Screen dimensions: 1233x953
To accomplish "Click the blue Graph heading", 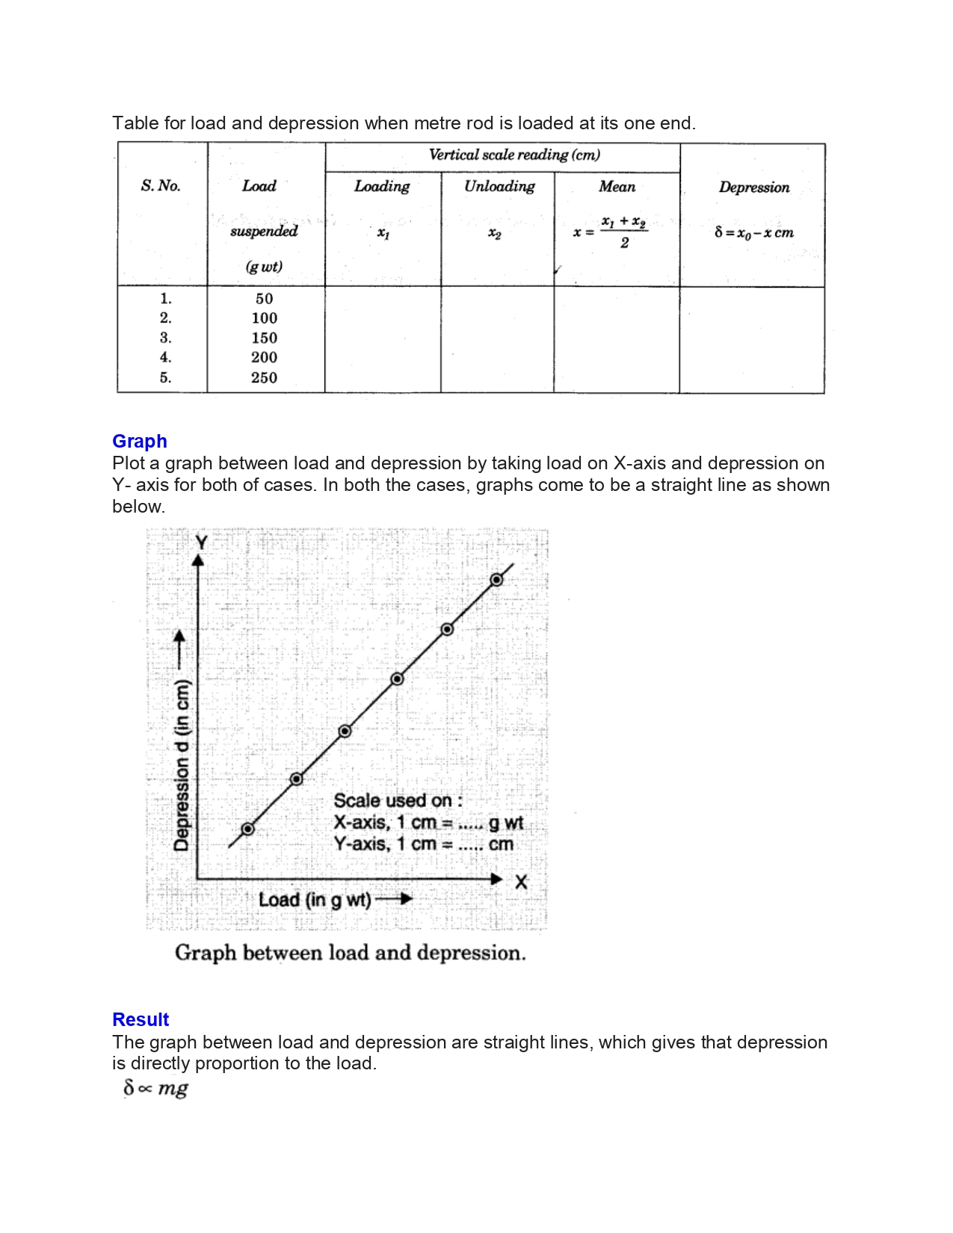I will [140, 442].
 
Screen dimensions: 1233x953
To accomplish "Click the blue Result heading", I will [141, 1020].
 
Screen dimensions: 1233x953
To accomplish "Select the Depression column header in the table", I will [753, 188].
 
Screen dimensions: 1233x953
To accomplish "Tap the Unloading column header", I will [499, 187].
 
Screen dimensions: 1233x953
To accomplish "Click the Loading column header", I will [382, 187].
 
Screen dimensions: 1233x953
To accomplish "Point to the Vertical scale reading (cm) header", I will [514, 155].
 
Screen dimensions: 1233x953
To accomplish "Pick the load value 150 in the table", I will [264, 339].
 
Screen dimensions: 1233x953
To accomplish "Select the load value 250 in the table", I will [264, 378].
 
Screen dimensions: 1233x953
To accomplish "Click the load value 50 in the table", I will [264, 299].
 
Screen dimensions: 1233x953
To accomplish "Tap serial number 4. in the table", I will [165, 358].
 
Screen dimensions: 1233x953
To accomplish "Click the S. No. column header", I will [161, 186].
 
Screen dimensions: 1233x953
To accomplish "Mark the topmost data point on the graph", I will [496, 580].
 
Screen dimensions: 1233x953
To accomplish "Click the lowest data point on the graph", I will [248, 829].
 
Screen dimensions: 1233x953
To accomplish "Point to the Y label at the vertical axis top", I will [200, 543].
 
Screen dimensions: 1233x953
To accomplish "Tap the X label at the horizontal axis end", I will [521, 883].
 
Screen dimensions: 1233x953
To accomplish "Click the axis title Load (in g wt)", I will [315, 900].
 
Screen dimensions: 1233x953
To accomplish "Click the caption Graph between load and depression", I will [350, 954].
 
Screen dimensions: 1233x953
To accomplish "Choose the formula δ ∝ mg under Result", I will [155, 1089].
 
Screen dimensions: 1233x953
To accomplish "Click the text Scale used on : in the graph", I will [398, 801].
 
